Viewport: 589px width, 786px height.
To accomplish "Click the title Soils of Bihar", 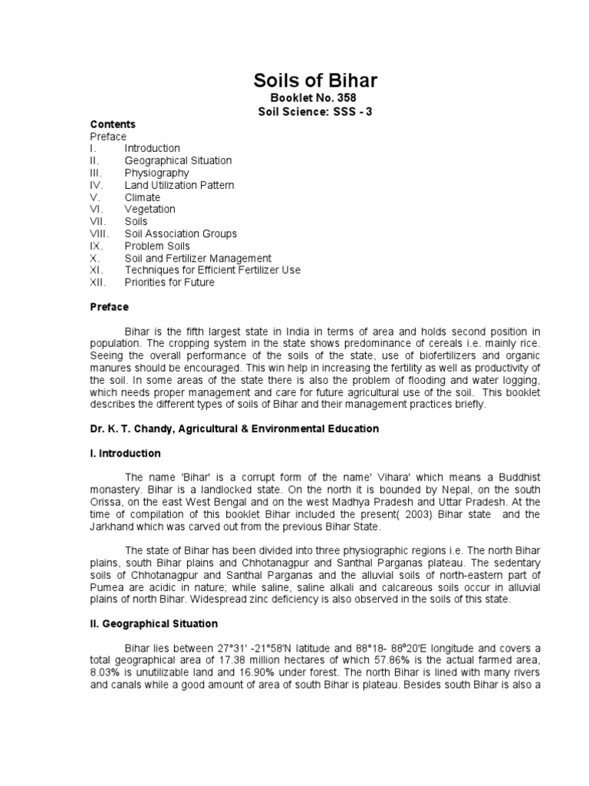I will (315, 81).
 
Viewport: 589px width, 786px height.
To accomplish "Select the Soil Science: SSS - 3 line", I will (315, 111).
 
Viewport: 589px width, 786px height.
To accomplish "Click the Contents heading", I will (113, 124).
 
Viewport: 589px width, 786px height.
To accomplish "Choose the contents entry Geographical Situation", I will (178, 160).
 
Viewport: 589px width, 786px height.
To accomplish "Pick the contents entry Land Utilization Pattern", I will (179, 185).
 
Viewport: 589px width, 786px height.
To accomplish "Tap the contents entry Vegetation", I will (150, 209).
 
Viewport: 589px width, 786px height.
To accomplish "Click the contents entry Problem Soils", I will (157, 246).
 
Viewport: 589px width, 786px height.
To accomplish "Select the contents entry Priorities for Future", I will (169, 282).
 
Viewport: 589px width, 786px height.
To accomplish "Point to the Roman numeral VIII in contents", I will (100, 233).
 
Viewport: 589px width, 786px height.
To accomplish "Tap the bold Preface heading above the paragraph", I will (109, 307).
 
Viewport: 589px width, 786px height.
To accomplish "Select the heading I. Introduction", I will (125, 453).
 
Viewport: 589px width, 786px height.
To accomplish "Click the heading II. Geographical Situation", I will (153, 623).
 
